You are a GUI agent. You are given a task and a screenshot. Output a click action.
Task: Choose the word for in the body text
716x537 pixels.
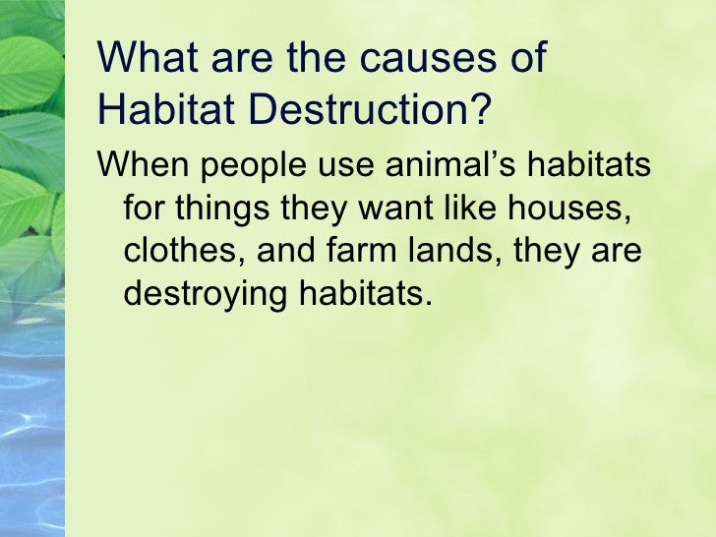coord(145,209)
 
